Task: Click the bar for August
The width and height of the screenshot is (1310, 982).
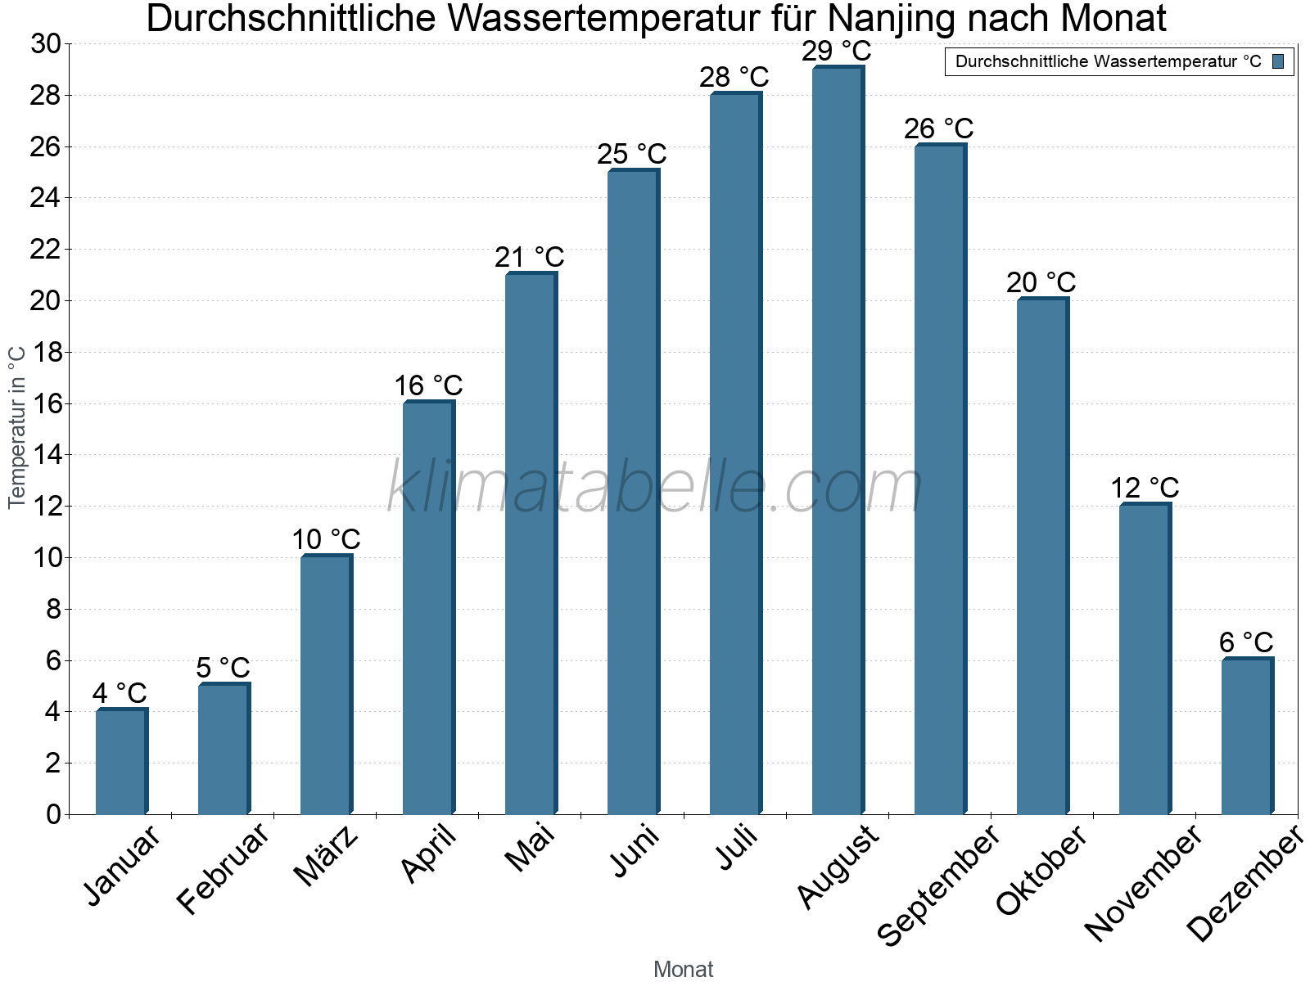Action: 838,442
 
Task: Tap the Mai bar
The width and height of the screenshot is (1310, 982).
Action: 531,544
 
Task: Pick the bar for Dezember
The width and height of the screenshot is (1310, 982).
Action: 1247,736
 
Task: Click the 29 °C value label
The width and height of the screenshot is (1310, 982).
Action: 837,52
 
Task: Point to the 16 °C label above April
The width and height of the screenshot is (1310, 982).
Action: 428,385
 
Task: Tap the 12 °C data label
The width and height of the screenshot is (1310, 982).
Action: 1145,489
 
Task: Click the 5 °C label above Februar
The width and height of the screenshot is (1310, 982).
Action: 223,668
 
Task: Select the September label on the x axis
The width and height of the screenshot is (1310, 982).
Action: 938,884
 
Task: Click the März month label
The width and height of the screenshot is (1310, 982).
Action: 326,856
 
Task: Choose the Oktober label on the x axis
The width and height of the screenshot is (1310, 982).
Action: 1041,871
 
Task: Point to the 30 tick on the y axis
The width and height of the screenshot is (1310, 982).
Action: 46,44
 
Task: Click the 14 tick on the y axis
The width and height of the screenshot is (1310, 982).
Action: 46,455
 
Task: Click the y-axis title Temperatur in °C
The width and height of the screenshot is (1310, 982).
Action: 17,426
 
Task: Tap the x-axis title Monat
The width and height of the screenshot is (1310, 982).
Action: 683,969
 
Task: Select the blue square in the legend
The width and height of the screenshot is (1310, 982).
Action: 1278,61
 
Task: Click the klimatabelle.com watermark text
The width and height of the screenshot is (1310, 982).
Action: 655,488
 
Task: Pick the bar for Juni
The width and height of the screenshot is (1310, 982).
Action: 633,491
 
